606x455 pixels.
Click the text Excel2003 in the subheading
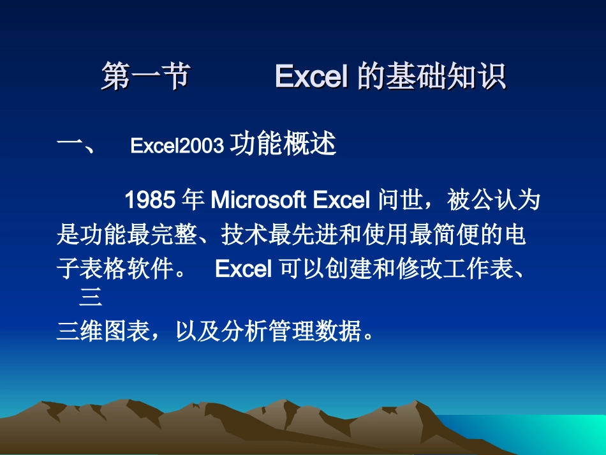tap(177, 146)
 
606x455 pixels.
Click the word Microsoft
tap(259, 200)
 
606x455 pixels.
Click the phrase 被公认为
tap(494, 200)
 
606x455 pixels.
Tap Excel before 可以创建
tap(244, 269)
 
